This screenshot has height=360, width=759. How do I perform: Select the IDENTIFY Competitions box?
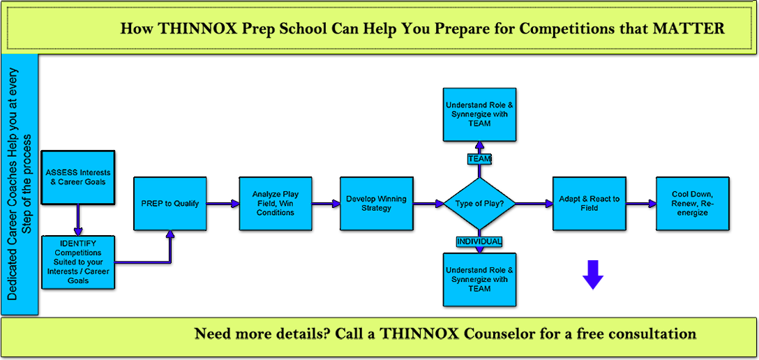tap(78, 263)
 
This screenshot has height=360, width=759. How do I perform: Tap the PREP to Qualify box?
tap(170, 204)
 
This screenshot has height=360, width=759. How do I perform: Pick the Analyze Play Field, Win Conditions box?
tap(276, 204)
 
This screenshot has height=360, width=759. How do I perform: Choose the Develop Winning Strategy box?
tap(376, 204)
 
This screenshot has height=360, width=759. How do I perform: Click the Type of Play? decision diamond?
tap(479, 204)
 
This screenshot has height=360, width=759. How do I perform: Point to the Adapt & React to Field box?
tap(589, 204)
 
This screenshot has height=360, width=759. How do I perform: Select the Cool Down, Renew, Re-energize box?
tap(693, 204)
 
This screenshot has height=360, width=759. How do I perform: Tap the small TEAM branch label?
tap(479, 159)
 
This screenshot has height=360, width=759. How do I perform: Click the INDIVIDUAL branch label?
tap(479, 241)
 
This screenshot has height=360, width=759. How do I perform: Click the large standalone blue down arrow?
tap(592, 275)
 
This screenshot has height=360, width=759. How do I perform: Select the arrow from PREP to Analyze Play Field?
tap(223, 204)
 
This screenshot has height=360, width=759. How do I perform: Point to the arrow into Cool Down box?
tap(641, 204)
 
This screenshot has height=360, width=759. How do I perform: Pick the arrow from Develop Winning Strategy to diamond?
tap(428, 204)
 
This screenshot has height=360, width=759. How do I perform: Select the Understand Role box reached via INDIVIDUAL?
tap(479, 279)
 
